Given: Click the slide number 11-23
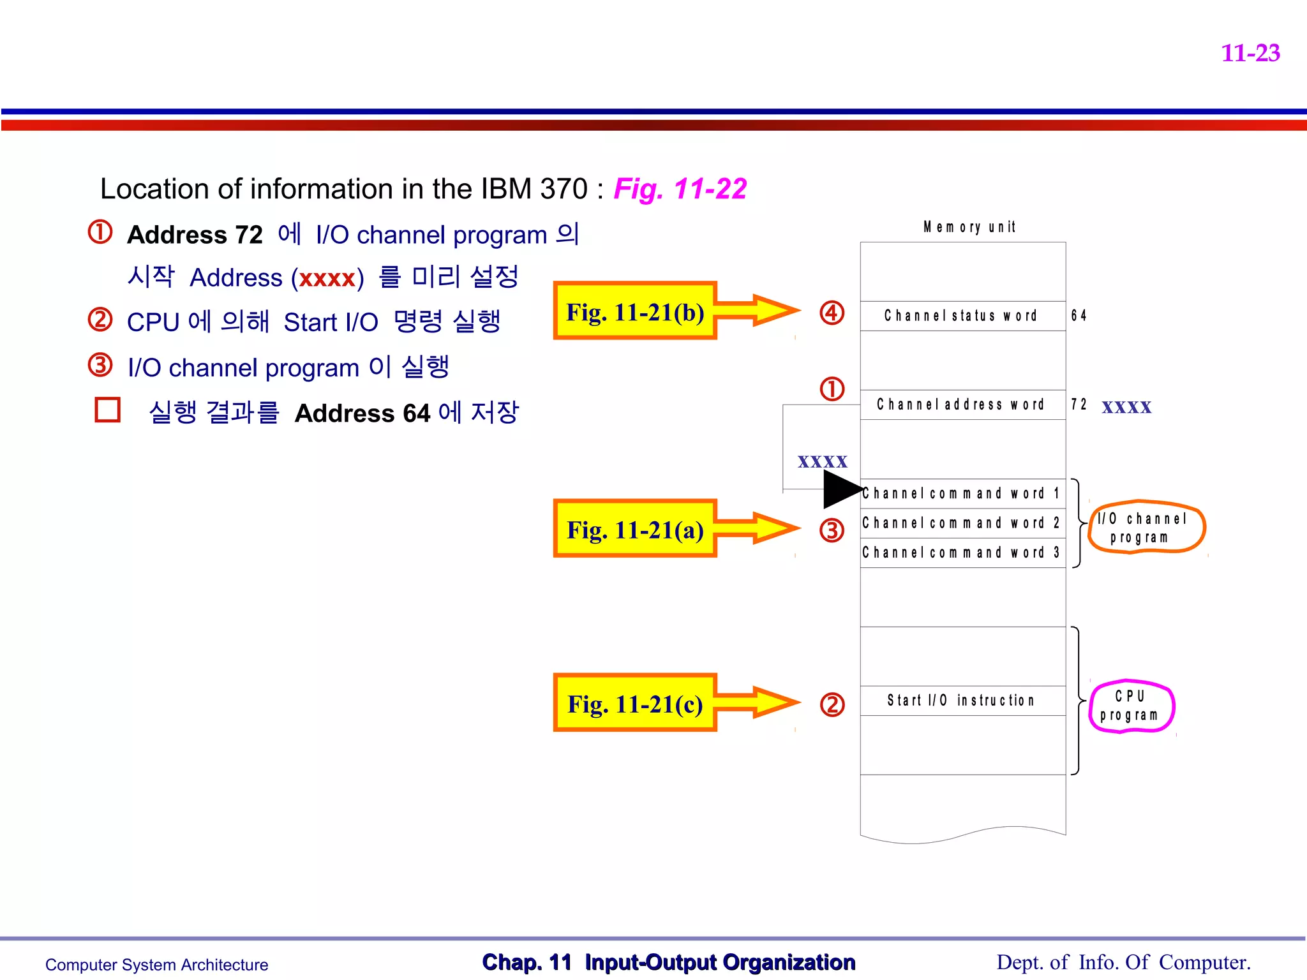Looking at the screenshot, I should coord(1250,53).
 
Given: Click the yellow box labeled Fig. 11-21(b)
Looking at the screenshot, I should coord(635,312).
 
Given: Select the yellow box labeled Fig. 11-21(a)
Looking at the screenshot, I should coord(635,530).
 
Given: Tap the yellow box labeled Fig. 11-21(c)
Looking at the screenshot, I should coord(635,704).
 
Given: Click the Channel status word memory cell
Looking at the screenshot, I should coord(962,316).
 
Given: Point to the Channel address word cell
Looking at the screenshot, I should coord(962,405).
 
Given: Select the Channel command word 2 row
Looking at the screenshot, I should coord(962,523).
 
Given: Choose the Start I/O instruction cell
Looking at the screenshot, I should coord(962,701).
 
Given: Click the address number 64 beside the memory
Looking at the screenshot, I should coord(1079,316).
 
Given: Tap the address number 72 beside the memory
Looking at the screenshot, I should coord(1079,405).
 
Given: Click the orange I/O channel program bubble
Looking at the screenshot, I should coord(1146,528).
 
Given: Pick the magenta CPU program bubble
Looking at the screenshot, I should coord(1131,706).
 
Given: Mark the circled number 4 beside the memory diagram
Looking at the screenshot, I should coord(832,313).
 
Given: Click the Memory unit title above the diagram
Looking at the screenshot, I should coord(969,227).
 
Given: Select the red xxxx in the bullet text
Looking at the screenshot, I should coord(327,279).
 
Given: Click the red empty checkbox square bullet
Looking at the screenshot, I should coord(107,410).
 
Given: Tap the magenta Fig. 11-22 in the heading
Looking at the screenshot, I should coord(680,189).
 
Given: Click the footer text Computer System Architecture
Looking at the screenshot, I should coord(156,965).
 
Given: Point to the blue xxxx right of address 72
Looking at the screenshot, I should coord(1126,407).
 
